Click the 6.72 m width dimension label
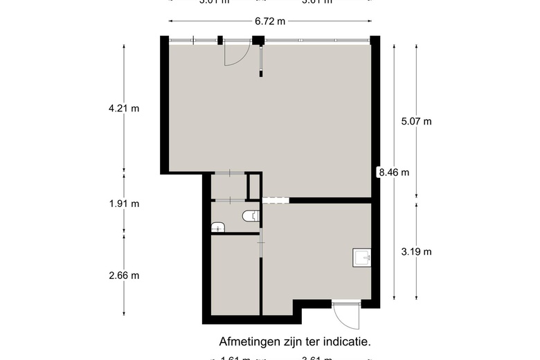(x=270, y=21)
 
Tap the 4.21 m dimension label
(x=124, y=108)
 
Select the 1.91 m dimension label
(x=124, y=204)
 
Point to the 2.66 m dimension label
(x=124, y=275)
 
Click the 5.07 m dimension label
(x=416, y=121)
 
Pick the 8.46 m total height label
(x=393, y=172)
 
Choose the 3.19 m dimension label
(x=416, y=251)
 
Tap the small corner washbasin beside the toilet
(x=217, y=227)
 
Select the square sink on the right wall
(x=362, y=258)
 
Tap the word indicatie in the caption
(x=347, y=341)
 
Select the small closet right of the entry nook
(x=253, y=186)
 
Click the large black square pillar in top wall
(x=258, y=40)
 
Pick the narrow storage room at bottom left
(x=234, y=275)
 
